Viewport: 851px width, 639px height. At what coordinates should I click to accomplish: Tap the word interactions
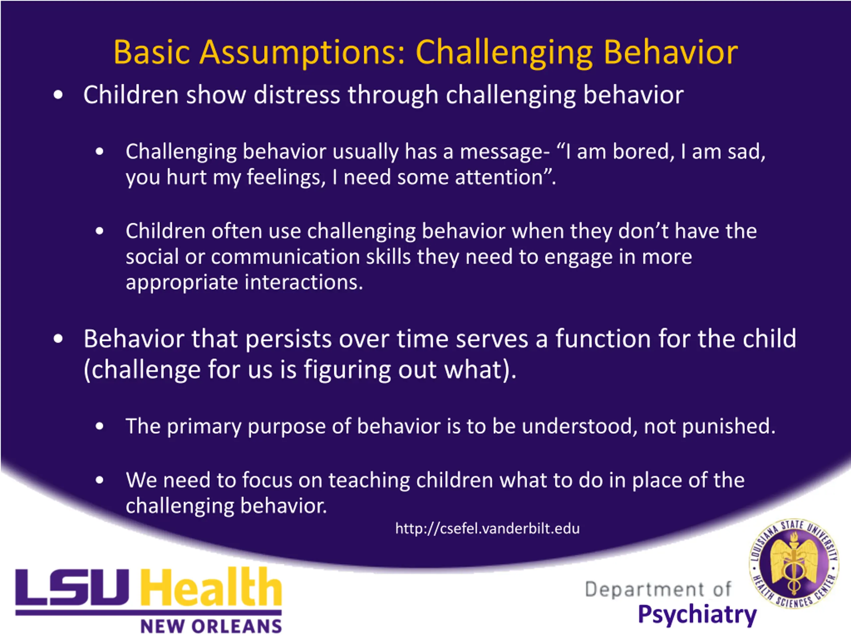point(304,282)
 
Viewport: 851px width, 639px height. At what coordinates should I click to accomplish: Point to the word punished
point(729,426)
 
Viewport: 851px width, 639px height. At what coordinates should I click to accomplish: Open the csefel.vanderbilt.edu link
point(487,529)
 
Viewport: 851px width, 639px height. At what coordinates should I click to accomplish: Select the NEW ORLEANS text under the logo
point(211,626)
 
